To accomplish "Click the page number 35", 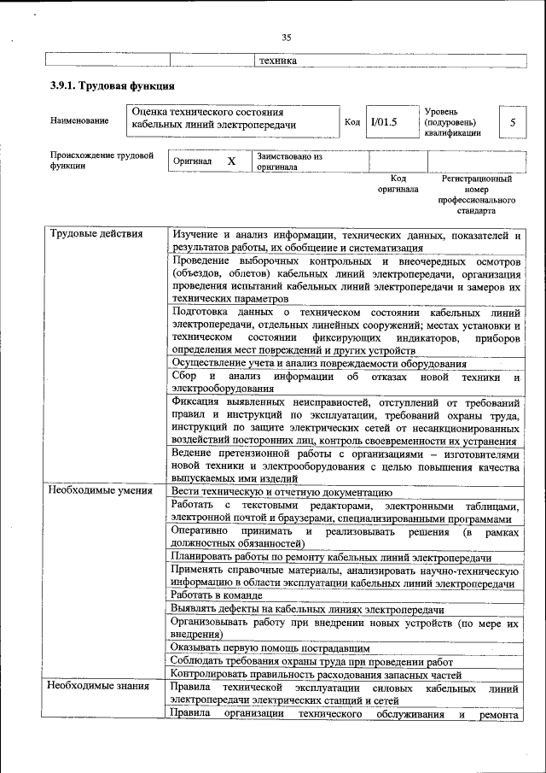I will (287, 37).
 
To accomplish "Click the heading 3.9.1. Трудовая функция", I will (113, 86).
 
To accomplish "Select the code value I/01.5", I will (384, 121).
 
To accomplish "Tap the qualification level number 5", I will (512, 122).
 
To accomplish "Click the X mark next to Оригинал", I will (230, 161).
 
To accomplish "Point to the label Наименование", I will (79, 121).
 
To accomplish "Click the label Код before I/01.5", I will (351, 122).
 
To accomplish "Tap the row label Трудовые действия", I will (96, 234).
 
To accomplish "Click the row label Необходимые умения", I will (100, 491).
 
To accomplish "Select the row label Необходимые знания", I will (96, 686).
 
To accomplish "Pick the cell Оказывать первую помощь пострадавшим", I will (270, 648).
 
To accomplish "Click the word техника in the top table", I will (277, 61).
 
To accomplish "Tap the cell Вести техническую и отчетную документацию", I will (281, 491).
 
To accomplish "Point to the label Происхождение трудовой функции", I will (101, 161).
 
